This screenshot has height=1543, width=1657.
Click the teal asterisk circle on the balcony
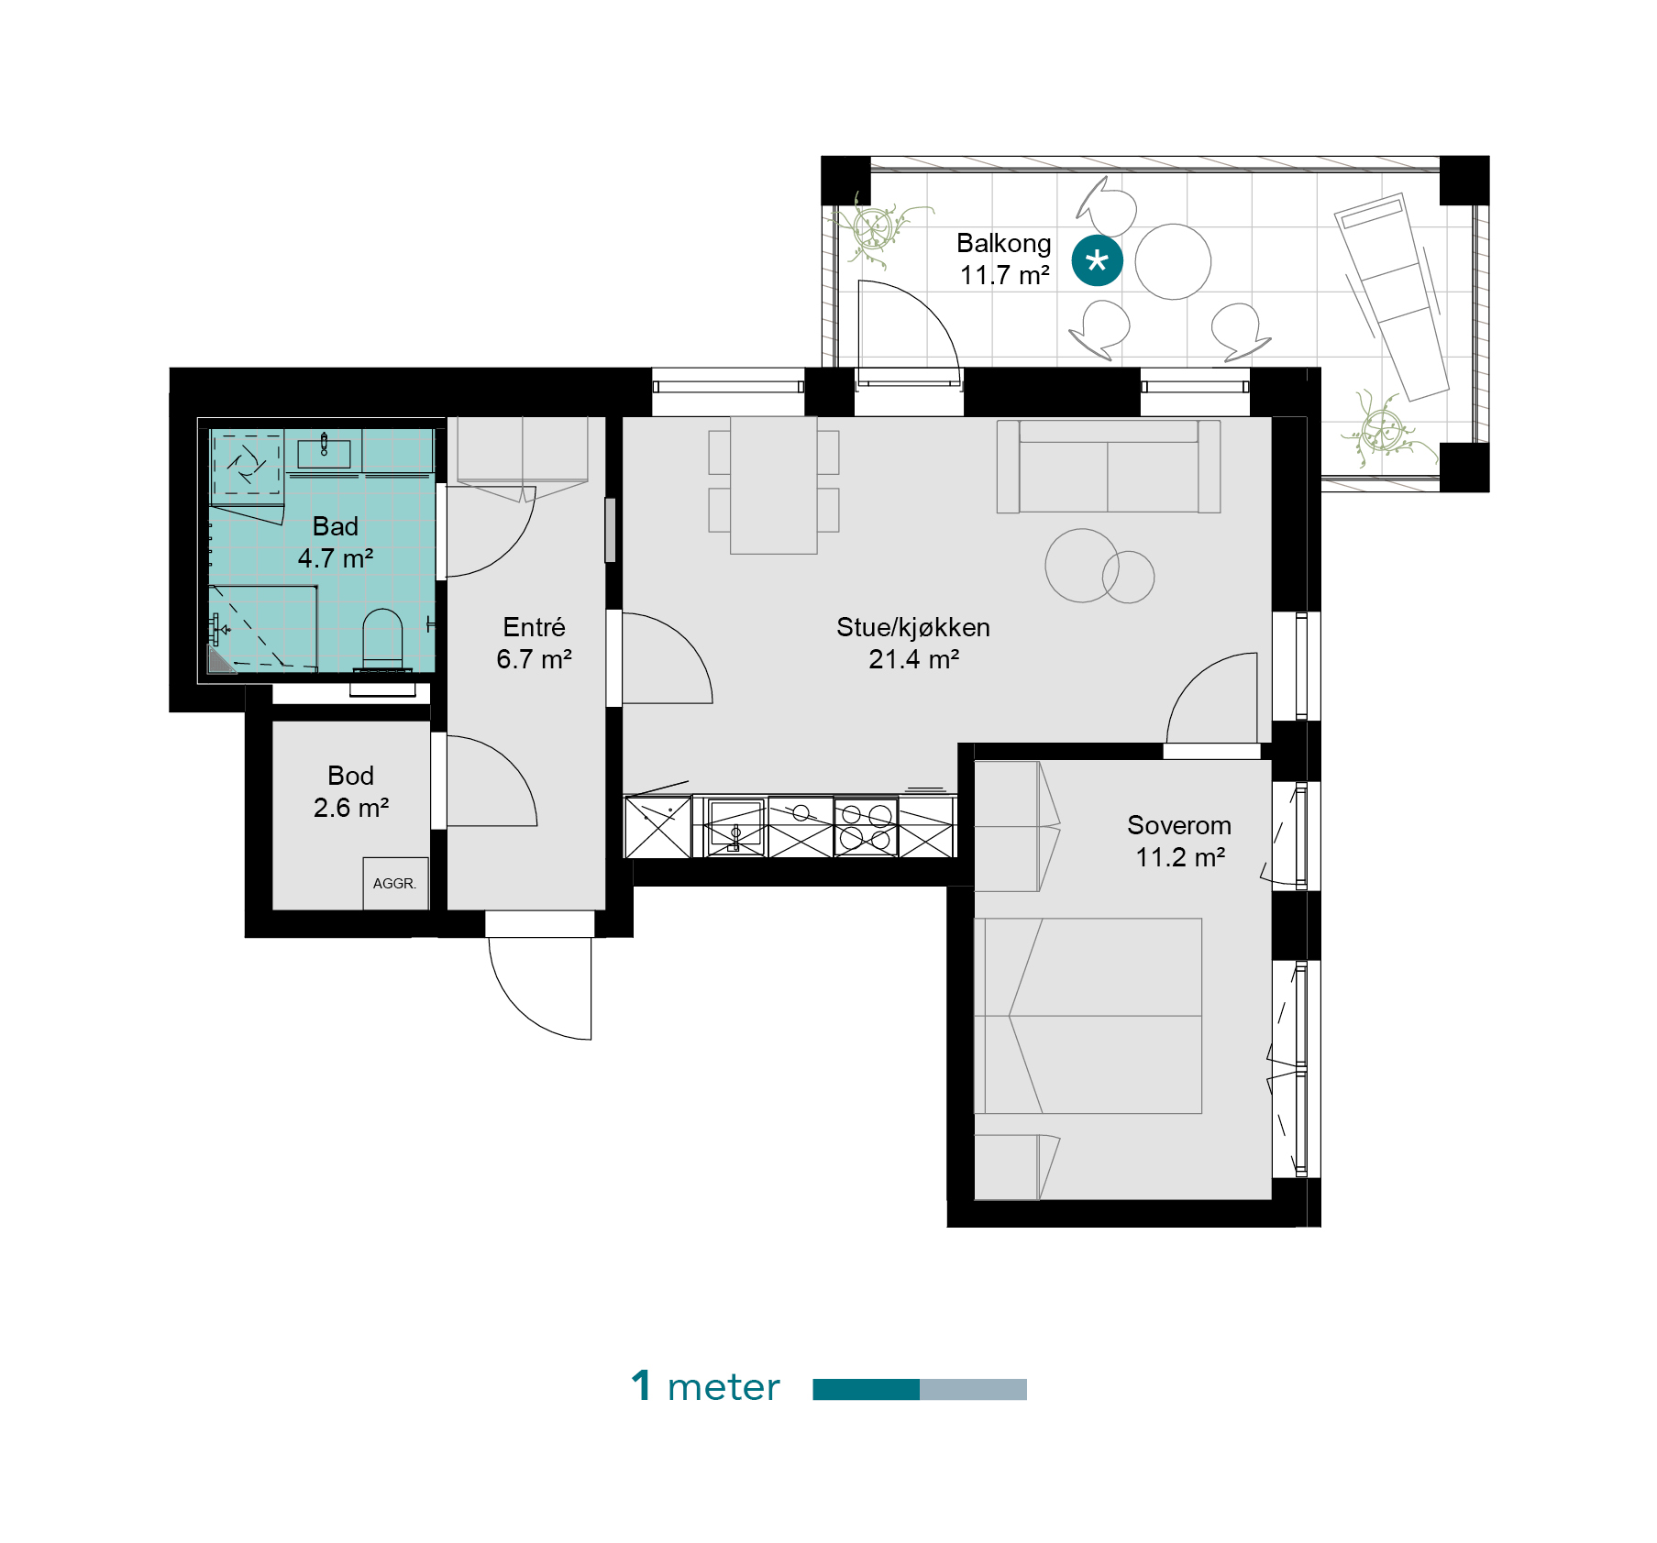click(x=1097, y=260)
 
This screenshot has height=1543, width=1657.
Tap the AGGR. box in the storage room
click(x=395, y=883)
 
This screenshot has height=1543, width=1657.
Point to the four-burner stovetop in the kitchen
click(x=866, y=827)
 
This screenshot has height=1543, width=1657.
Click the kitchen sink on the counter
click(x=735, y=826)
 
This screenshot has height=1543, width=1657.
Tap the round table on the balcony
click(x=1173, y=261)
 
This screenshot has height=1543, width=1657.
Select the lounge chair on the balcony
click(x=1392, y=296)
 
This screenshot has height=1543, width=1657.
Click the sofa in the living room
click(x=1109, y=467)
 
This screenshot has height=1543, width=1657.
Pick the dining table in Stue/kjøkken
click(x=773, y=485)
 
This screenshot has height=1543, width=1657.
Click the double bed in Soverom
click(x=1088, y=1016)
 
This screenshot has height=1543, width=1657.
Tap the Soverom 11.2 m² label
click(x=1179, y=841)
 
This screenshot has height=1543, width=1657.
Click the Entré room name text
click(x=534, y=627)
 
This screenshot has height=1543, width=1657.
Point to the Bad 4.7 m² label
click(x=336, y=542)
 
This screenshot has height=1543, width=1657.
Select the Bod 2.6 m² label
click(x=351, y=791)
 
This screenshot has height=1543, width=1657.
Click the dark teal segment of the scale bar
click(x=866, y=1389)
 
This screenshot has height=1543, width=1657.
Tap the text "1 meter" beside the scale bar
click(x=705, y=1386)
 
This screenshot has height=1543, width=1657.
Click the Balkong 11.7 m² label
click(x=1004, y=259)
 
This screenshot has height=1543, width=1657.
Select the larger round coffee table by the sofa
click(x=1082, y=565)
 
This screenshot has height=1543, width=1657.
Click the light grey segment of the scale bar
click(x=973, y=1389)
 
